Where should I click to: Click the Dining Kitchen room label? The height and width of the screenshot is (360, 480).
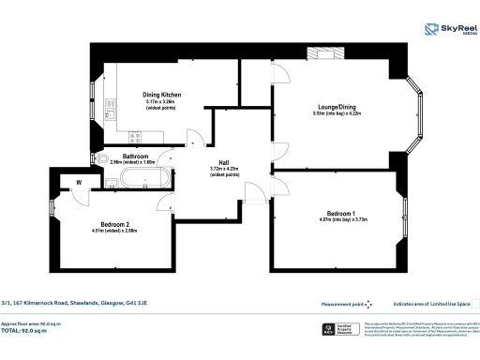coord(161,95)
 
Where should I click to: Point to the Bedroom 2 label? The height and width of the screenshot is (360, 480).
coord(114,225)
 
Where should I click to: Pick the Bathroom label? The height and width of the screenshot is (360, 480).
coord(137,157)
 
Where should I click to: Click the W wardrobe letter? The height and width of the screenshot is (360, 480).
coord(79,181)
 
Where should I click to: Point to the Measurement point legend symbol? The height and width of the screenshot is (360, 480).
coord(368,304)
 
